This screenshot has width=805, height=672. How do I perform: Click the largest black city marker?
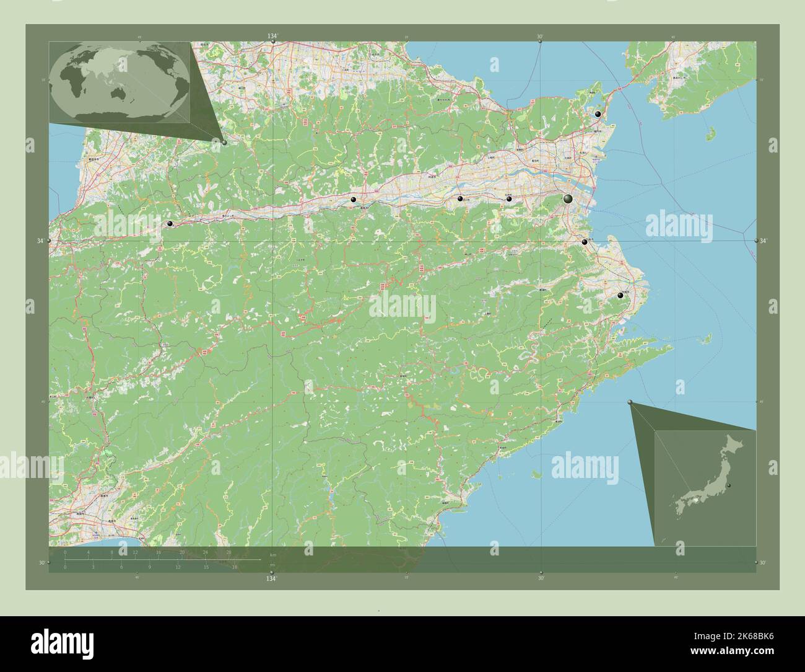[x=568, y=198]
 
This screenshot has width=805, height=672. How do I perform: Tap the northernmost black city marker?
[x=598, y=115]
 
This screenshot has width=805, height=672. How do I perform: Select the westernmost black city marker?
[x=169, y=224]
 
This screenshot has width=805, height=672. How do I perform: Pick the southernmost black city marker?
[x=620, y=296]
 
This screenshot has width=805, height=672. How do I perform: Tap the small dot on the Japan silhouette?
[x=729, y=485]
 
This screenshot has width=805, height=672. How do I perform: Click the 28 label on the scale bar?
[x=228, y=552]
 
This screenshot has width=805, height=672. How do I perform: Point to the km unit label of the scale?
[x=272, y=554]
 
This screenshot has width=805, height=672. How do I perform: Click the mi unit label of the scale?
[x=272, y=565]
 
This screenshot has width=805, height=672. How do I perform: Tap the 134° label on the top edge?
[x=272, y=37]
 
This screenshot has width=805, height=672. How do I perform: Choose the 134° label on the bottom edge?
[x=271, y=579]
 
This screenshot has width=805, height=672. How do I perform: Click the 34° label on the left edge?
[x=41, y=241]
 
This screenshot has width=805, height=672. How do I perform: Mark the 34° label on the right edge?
[x=764, y=241]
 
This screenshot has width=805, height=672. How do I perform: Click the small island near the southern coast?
[x=536, y=474]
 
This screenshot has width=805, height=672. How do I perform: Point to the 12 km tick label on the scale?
[x=135, y=552]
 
